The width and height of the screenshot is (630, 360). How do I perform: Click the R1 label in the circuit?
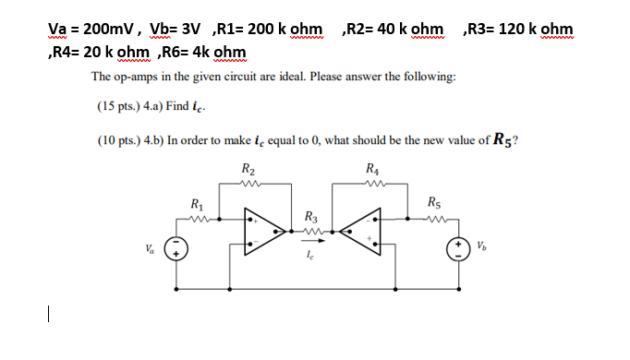coord(197,204)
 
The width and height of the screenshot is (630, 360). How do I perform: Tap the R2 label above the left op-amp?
coord(248,170)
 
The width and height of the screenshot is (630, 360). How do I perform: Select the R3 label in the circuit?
coord(310,218)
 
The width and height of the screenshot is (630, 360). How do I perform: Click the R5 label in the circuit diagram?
coord(434,204)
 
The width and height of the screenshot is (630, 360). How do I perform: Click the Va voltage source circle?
coord(176,248)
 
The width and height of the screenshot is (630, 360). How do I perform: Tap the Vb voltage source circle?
coord(456,248)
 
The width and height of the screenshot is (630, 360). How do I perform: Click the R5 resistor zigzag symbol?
coord(434,219)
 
